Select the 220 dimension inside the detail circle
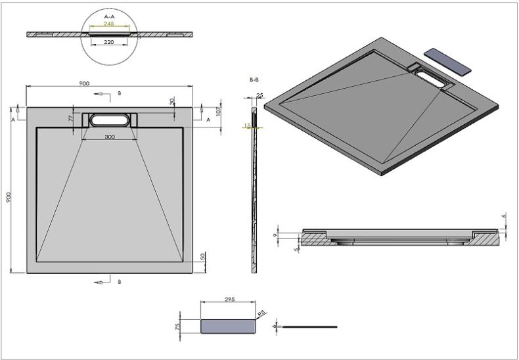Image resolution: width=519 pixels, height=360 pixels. pyautogui.click(x=110, y=42)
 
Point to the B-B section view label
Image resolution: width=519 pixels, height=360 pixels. pyautogui.click(x=254, y=79)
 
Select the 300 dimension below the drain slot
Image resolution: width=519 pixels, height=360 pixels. pyautogui.click(x=110, y=137)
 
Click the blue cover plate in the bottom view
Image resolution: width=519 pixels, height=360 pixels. pyautogui.click(x=227, y=326)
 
